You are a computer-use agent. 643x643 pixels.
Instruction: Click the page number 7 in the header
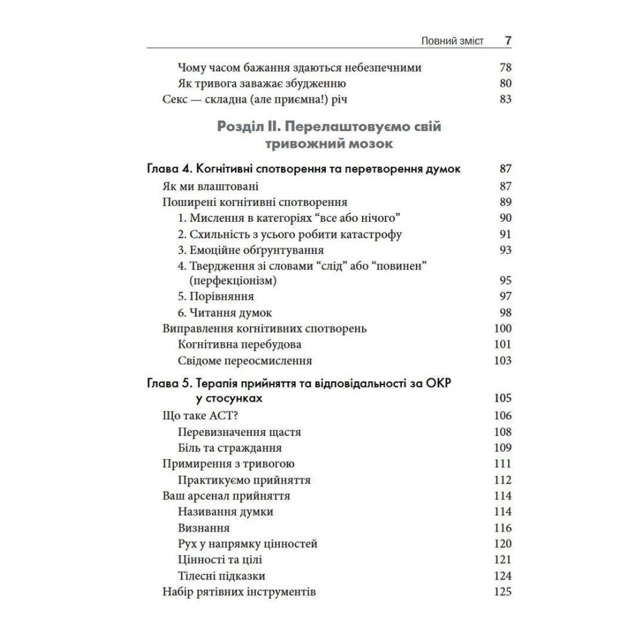(508, 41)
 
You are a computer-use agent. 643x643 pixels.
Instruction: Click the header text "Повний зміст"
(452, 41)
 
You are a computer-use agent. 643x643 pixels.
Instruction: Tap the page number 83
(505, 99)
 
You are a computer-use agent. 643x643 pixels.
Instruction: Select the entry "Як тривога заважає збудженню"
(262, 83)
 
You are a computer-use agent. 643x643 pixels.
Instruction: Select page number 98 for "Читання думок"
(505, 312)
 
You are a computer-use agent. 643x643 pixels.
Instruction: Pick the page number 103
(503, 360)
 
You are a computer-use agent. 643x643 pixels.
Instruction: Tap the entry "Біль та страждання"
(230, 448)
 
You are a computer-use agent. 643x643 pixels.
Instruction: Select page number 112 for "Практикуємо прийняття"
(503, 480)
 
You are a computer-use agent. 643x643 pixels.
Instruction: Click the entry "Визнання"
(204, 527)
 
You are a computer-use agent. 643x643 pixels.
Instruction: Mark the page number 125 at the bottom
(503, 592)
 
